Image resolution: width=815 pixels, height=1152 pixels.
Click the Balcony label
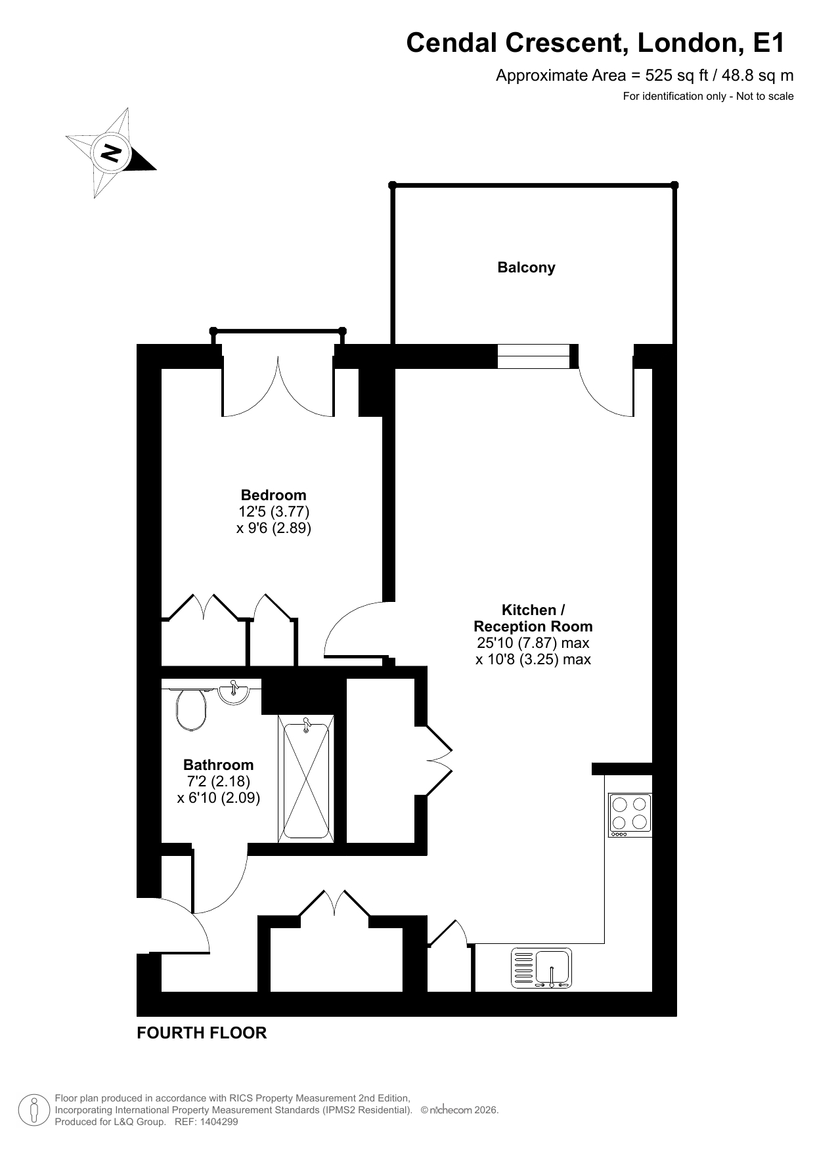pyautogui.click(x=526, y=268)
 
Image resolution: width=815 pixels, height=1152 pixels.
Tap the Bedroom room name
pyautogui.click(x=273, y=495)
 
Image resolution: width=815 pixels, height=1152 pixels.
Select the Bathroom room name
pyautogui.click(x=218, y=765)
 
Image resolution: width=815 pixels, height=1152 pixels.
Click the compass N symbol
pyautogui.click(x=110, y=152)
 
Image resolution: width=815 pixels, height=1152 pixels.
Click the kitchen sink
pyautogui.click(x=542, y=968)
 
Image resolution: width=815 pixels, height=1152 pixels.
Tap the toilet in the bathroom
pyautogui.click(x=191, y=709)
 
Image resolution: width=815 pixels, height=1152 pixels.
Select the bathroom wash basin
pyautogui.click(x=233, y=693)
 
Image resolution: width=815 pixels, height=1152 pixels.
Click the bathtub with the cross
pyautogui.click(x=306, y=780)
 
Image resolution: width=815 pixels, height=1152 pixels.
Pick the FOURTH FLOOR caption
pyautogui.click(x=202, y=1033)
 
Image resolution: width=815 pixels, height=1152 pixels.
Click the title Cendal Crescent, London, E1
pyautogui.click(x=596, y=43)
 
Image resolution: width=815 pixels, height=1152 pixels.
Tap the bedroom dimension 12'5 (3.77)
pyautogui.click(x=274, y=511)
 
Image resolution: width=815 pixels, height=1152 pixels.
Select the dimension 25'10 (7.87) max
pyautogui.click(x=533, y=643)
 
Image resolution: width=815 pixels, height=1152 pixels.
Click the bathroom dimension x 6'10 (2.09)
pyautogui.click(x=219, y=798)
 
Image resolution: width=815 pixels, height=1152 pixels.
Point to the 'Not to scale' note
pyautogui.click(x=765, y=96)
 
